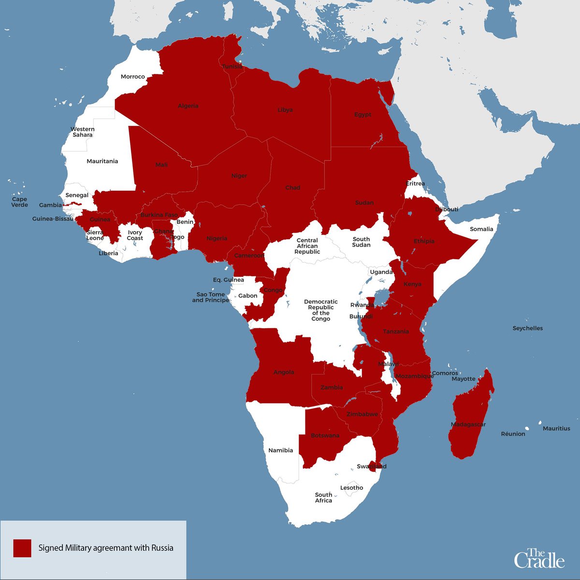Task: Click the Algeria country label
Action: coord(188,106)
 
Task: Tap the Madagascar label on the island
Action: coord(468,424)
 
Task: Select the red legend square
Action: coord(22,548)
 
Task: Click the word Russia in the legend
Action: coord(162,548)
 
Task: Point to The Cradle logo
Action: coord(539,558)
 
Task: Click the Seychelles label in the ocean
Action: coord(527,328)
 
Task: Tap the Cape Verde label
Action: coord(20,202)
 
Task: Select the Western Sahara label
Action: coord(83,132)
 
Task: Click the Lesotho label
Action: coord(351,488)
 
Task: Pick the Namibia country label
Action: coord(281,450)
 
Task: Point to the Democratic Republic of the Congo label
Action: coord(321,310)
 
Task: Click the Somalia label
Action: coord(481,229)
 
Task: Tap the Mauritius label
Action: coord(556,428)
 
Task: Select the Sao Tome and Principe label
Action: coord(211,297)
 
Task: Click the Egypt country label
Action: coord(362,115)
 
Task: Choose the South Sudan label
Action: coord(361,242)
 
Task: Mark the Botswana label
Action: coord(325,435)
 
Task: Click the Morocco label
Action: coord(133,77)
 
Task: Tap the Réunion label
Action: coord(513,434)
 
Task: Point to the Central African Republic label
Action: coord(307,246)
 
